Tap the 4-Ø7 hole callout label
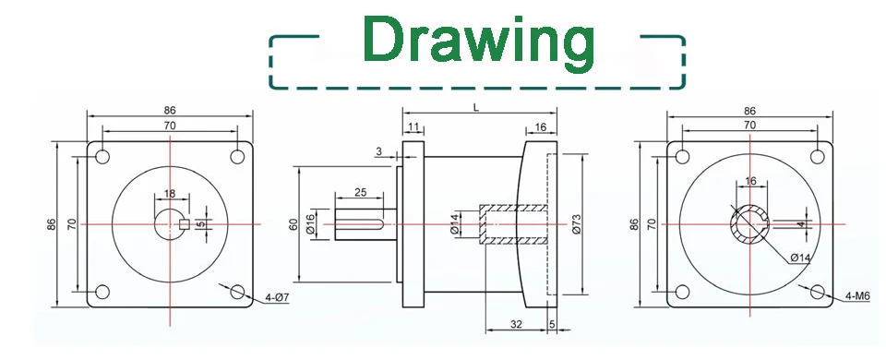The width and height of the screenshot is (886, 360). point(277,296)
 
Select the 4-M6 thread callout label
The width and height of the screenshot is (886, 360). point(857,295)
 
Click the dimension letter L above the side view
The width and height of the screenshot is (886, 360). point(476,108)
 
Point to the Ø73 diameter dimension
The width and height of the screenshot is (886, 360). point(576,223)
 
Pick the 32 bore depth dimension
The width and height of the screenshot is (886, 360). point(516,324)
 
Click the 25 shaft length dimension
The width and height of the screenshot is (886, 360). point(360,192)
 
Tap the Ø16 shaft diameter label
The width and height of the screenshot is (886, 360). point(310,224)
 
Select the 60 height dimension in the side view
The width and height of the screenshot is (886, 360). point(293,224)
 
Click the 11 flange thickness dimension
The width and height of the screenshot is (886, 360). point(413,126)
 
